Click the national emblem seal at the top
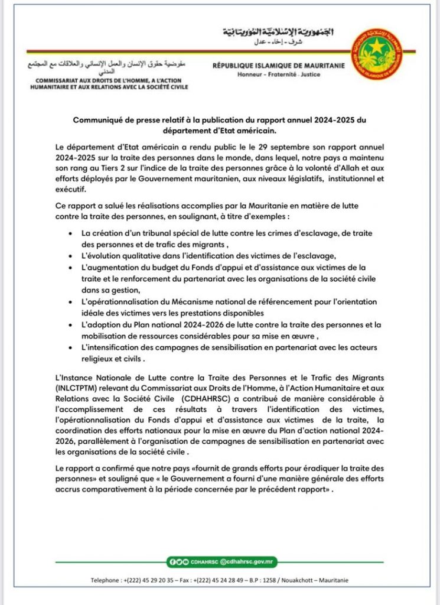(x=376, y=55)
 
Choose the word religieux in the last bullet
(x=101, y=358)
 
